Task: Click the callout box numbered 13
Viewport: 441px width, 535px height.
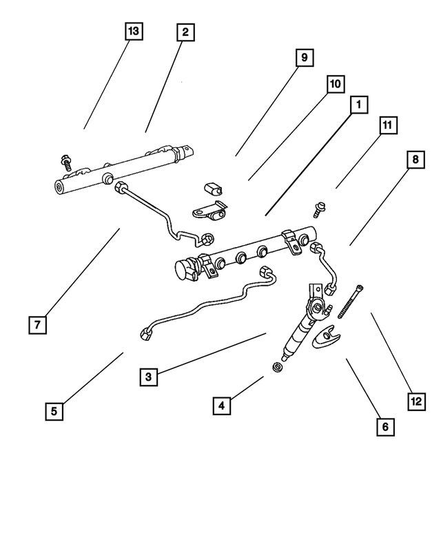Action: (133, 32)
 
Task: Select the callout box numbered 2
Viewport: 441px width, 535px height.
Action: (185, 32)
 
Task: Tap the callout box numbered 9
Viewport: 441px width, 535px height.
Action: (304, 59)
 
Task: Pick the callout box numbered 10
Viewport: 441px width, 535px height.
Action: (335, 84)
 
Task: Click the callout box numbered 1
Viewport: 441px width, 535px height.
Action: (358, 105)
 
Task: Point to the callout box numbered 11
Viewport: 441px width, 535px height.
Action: (387, 125)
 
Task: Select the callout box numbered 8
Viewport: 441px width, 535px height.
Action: (415, 160)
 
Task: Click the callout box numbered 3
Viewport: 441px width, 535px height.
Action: (148, 377)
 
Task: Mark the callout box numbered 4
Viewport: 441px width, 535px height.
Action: (221, 406)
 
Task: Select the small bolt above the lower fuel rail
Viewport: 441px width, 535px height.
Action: (320, 207)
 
